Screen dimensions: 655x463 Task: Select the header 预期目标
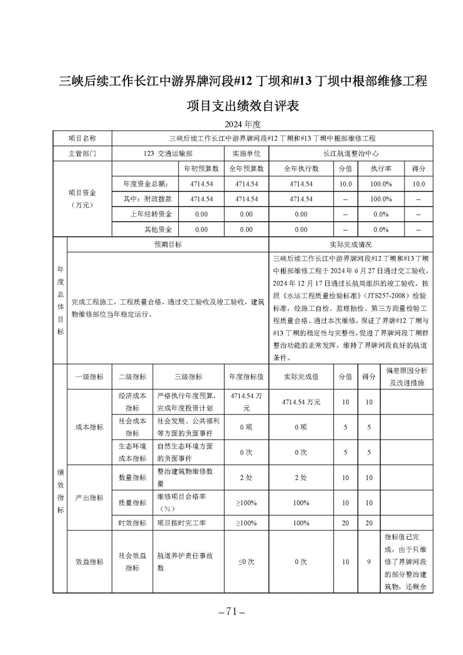pyautogui.click(x=168, y=245)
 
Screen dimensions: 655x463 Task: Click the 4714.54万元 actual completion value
pyautogui.click(x=301, y=402)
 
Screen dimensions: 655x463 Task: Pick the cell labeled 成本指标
pyautogui.click(x=89, y=427)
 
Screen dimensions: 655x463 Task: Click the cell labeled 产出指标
pyautogui.click(x=89, y=498)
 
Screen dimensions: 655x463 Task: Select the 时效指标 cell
pyautogui.click(x=133, y=523)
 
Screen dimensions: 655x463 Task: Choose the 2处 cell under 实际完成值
pyautogui.click(x=301, y=478)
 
